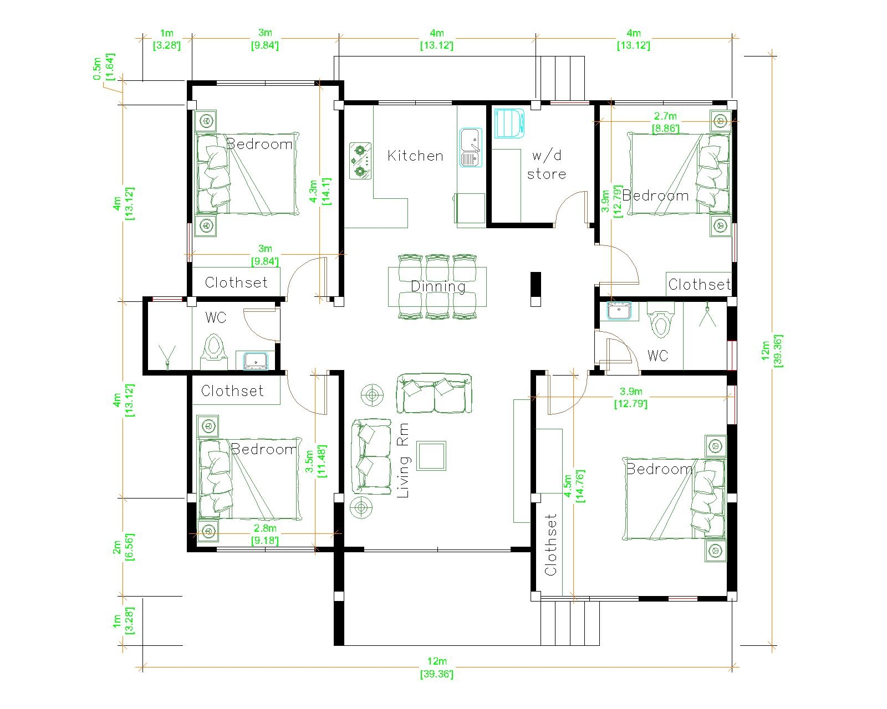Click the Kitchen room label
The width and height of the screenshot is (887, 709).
click(415, 156)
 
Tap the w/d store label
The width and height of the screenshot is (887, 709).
click(546, 165)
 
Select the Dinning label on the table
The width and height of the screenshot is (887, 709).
click(438, 286)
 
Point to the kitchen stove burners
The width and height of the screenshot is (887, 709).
click(361, 161)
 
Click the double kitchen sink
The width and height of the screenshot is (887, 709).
click(471, 147)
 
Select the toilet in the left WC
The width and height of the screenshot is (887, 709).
click(213, 350)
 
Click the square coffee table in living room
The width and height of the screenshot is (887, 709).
click(431, 456)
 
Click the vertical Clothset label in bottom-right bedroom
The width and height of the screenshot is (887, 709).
click(550, 545)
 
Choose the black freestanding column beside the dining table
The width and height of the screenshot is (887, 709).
click(536, 289)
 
